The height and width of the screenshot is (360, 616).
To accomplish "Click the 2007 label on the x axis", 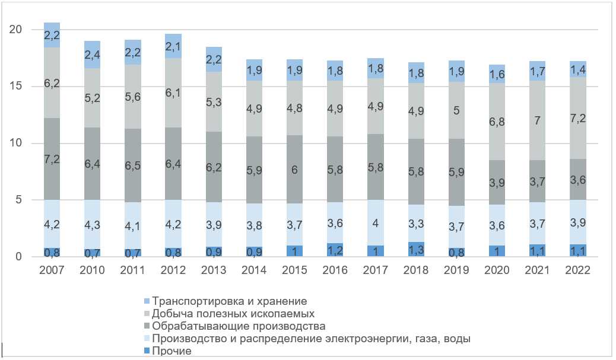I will click(x=52, y=270).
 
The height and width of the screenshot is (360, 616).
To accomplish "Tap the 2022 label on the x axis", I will click(x=577, y=270).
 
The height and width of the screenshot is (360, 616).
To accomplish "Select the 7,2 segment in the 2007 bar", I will click(x=52, y=159).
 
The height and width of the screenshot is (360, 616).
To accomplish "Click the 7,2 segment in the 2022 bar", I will click(x=577, y=118).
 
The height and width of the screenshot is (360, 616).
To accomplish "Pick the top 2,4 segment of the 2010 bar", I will click(x=93, y=55).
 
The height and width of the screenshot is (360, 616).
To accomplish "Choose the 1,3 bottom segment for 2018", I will click(x=415, y=250).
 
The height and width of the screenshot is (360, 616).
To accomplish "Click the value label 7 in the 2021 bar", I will click(x=536, y=120).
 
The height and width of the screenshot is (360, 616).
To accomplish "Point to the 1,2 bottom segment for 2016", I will click(x=335, y=250).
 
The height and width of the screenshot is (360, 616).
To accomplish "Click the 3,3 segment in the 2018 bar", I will click(x=415, y=224).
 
